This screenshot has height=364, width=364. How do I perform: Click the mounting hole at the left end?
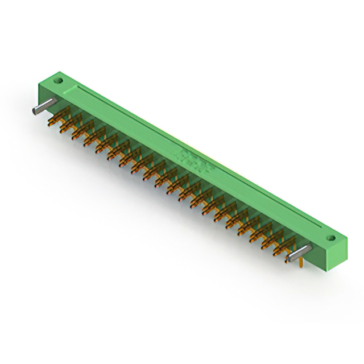click(x=57, y=81)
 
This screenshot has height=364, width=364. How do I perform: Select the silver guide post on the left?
click(x=44, y=106)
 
